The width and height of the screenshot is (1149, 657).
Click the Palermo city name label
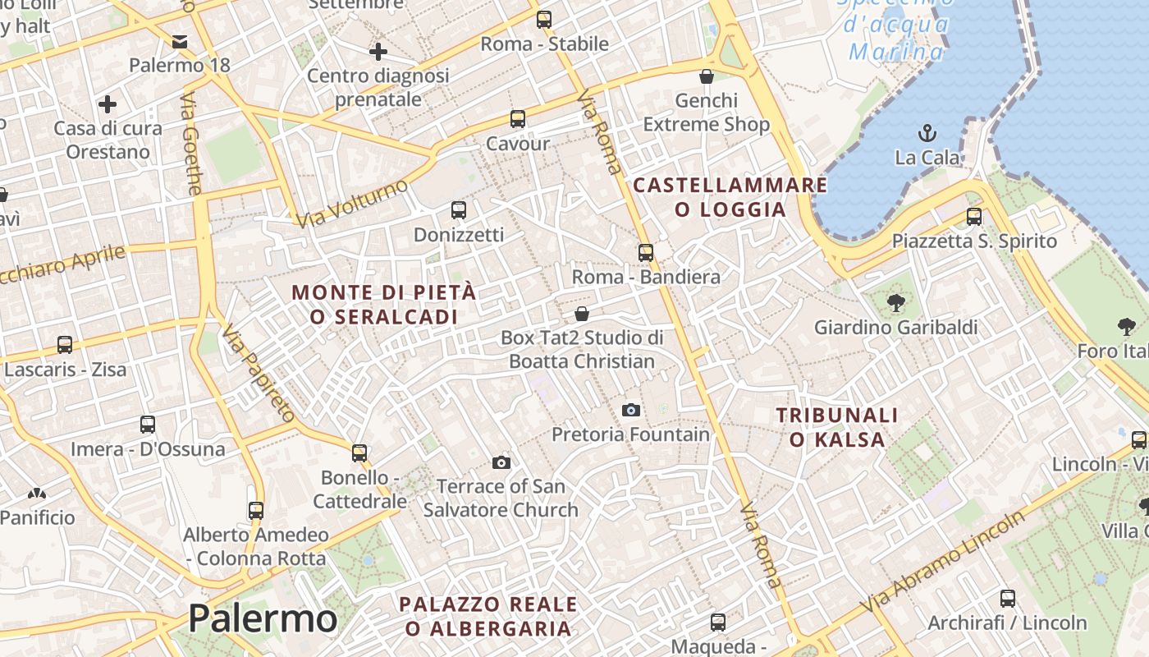click(263, 618)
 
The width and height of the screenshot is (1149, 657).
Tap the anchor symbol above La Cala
click(927, 133)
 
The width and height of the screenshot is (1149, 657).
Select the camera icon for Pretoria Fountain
click(630, 410)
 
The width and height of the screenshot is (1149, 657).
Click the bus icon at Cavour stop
click(517, 119)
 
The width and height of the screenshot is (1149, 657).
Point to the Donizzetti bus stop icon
click(459, 210)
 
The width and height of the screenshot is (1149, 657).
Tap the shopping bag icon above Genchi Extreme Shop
click(706, 77)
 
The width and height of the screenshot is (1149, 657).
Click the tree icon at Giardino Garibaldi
click(895, 303)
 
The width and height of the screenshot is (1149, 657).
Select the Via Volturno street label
click(352, 203)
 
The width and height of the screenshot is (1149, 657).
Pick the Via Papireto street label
click(259, 374)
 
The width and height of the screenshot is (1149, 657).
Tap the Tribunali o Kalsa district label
click(837, 427)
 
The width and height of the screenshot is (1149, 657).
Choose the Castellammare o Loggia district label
click(730, 197)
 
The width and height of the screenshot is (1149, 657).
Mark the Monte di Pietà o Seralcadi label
click(383, 304)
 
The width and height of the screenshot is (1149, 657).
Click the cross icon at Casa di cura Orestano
click(107, 104)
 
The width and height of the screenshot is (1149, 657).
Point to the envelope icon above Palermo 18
click(180, 41)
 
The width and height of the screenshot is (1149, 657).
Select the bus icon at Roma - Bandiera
click(646, 252)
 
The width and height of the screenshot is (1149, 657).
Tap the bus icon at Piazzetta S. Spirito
click(974, 217)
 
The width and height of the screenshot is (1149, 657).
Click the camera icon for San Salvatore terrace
click(501, 463)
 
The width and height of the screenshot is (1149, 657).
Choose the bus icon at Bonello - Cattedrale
click(359, 453)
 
